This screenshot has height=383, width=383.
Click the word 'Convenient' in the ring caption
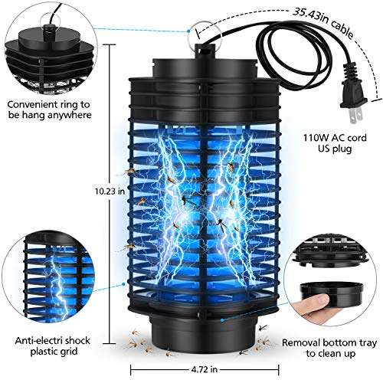point(35,103)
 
